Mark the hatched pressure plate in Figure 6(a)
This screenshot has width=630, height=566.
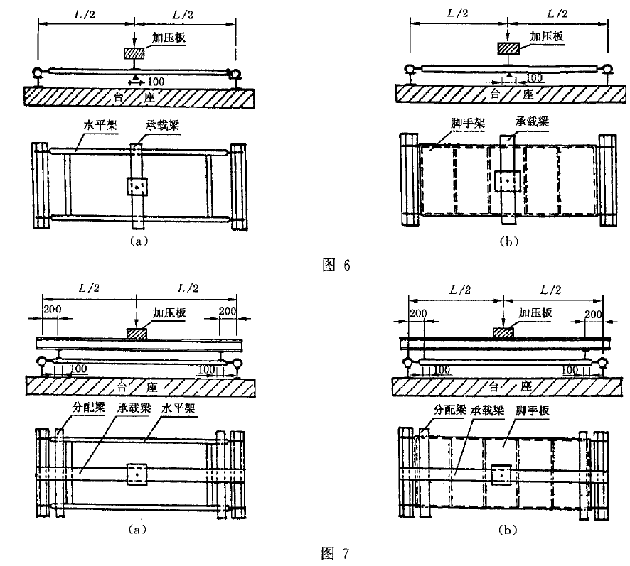[x=134, y=53]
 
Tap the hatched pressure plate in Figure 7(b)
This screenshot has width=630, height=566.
[x=504, y=331]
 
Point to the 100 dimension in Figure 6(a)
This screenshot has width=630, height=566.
[x=156, y=82]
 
